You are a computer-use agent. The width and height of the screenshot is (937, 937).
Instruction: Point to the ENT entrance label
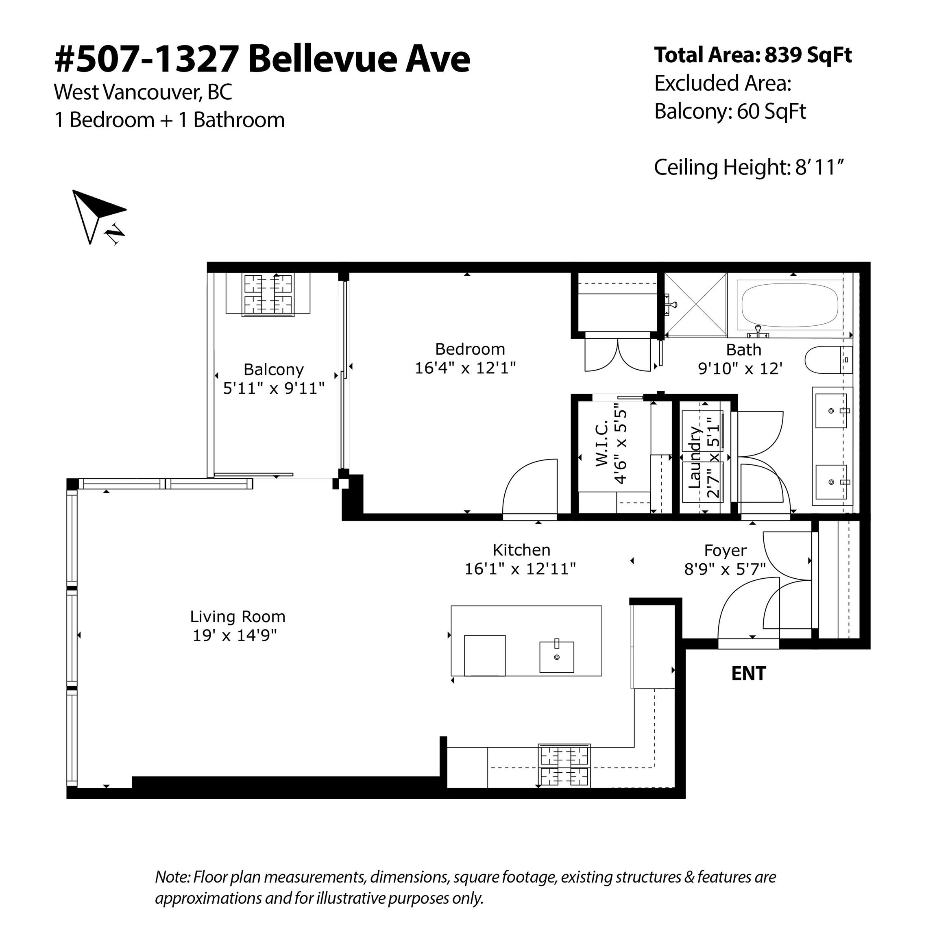pos(748,673)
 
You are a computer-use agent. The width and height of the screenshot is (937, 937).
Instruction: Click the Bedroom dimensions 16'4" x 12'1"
pos(465,368)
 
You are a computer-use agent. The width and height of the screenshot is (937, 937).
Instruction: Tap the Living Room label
pos(238,617)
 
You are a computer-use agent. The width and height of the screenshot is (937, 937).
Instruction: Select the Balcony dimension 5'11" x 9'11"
pos(274,388)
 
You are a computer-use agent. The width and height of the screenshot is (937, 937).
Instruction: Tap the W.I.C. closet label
pos(601,444)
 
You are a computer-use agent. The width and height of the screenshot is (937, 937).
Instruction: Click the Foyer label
pos(726,551)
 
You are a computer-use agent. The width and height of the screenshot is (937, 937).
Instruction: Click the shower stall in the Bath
pos(695,305)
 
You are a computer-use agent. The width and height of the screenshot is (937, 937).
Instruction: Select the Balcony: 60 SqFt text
pos(730,111)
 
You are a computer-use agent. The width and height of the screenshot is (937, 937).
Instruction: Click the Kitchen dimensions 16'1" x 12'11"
pos(521,569)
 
